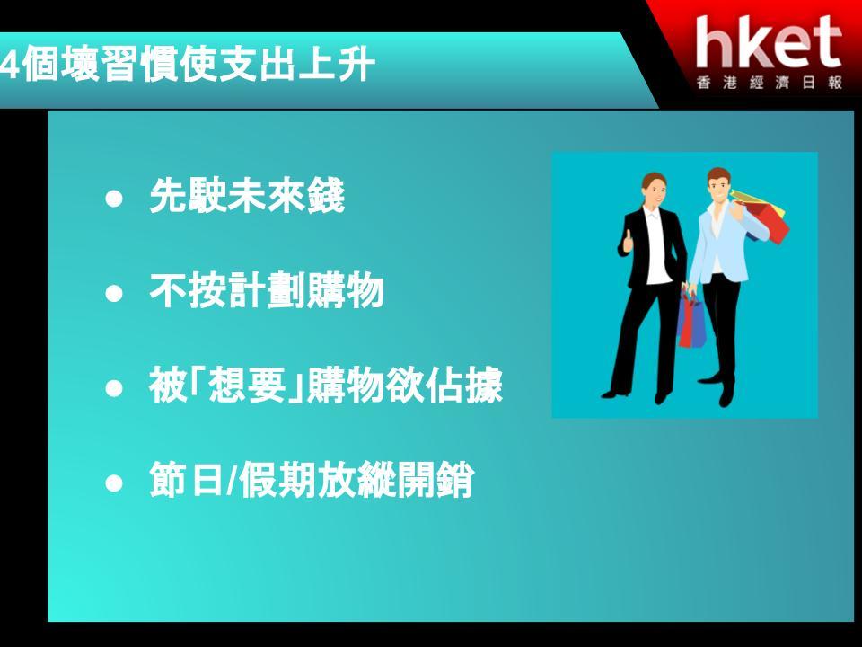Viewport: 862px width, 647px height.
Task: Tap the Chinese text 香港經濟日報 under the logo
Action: pyautogui.click(x=770, y=83)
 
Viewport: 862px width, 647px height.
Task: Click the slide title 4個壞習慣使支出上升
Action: pyautogui.click(x=188, y=66)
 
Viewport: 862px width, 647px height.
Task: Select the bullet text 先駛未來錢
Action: pyautogui.click(x=247, y=195)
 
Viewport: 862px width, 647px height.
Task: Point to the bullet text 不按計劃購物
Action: pyautogui.click(x=266, y=290)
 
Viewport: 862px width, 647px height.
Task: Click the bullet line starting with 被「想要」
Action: pyautogui.click(x=326, y=386)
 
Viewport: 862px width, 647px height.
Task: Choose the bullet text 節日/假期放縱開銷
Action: pyautogui.click(x=312, y=480)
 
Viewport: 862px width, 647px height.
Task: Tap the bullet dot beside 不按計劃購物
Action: pyautogui.click(x=114, y=293)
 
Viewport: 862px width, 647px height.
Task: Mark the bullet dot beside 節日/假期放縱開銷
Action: pyautogui.click(x=114, y=483)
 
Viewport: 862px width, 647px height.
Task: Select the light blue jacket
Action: pyautogui.click(x=720, y=242)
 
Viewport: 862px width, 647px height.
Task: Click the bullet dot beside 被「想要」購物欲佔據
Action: pyautogui.click(x=114, y=388)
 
